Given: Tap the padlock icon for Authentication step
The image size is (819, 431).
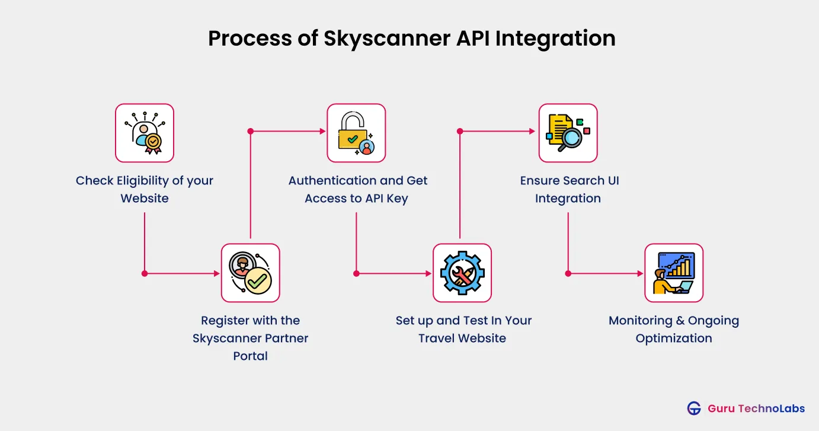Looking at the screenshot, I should [x=356, y=133].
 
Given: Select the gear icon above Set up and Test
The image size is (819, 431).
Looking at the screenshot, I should [x=462, y=273].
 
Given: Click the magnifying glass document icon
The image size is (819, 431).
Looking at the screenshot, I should [x=568, y=133].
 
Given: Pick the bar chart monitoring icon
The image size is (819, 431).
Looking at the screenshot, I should [x=674, y=273].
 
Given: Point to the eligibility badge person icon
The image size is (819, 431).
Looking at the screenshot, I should [x=145, y=133].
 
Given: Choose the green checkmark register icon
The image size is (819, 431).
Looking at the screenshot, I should [x=250, y=273].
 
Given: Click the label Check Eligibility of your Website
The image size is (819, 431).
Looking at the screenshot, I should [x=145, y=189].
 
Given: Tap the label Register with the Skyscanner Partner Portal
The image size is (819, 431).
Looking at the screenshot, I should [x=250, y=338].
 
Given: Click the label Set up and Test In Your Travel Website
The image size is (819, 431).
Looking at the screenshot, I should [x=463, y=329].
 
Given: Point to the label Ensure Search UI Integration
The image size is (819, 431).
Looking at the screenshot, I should [x=569, y=189].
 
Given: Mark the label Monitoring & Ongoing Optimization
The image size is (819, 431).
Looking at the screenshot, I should [x=674, y=329].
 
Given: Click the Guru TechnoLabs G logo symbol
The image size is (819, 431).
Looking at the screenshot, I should [x=694, y=408].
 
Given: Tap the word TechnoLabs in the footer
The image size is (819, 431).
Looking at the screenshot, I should [x=764, y=408].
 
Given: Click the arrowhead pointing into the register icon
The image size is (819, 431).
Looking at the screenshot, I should [x=217, y=273].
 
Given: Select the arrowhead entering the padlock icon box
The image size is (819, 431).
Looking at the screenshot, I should [x=323, y=131].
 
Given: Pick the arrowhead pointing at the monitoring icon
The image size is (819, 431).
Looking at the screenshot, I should [x=640, y=273].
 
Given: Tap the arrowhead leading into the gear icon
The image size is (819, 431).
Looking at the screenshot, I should [x=428, y=273].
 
